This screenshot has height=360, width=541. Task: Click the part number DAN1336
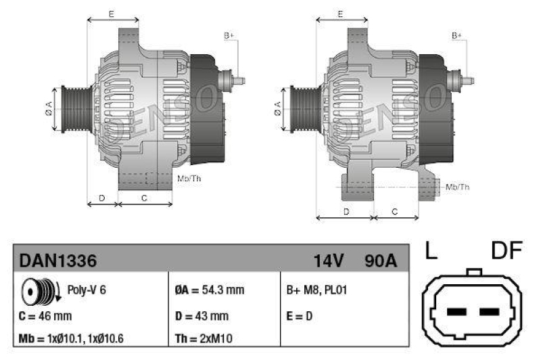[x=57, y=261]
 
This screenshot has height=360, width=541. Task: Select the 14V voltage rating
[x=329, y=261]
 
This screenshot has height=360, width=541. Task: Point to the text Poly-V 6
[x=87, y=290]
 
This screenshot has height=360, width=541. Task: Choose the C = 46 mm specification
[x=45, y=315]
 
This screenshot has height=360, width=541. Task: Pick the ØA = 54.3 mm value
[x=209, y=290]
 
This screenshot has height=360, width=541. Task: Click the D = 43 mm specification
[x=201, y=315]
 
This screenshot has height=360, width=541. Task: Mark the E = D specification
[x=300, y=315]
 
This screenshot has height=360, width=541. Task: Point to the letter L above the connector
[x=431, y=252]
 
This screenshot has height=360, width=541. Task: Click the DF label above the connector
[x=507, y=252]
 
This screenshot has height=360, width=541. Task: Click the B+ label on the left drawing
[x=229, y=35]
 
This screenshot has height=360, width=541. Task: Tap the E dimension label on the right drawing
[x=340, y=14]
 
